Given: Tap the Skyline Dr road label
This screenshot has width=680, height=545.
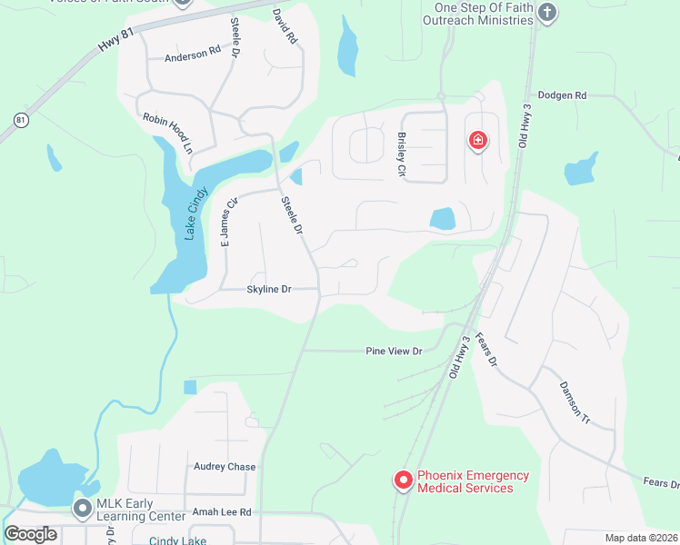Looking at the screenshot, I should (x=268, y=290).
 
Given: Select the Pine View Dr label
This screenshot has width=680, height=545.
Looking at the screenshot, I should (x=394, y=351).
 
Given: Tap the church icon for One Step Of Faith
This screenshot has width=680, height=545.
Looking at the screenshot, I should (x=546, y=13).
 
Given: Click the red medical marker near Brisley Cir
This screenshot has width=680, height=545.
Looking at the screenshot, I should (x=477, y=140).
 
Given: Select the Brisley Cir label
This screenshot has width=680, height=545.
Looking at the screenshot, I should (x=401, y=154).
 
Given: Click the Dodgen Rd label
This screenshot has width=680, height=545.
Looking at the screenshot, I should (x=562, y=94).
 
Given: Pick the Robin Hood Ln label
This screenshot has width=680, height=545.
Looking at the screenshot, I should (x=168, y=133).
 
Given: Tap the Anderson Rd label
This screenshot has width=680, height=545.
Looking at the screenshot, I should (x=193, y=56).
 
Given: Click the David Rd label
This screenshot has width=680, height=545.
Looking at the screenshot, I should (x=285, y=28).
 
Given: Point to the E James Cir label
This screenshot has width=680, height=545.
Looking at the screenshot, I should (x=227, y=223).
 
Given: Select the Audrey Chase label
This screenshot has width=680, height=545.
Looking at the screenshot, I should (x=225, y=467).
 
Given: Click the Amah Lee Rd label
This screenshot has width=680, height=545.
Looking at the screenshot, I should (x=220, y=512).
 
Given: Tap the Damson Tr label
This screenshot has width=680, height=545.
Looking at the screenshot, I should (x=574, y=401).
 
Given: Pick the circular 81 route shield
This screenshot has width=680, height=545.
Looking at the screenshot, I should (x=21, y=120).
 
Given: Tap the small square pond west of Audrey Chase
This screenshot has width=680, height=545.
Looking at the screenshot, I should (x=190, y=387).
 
